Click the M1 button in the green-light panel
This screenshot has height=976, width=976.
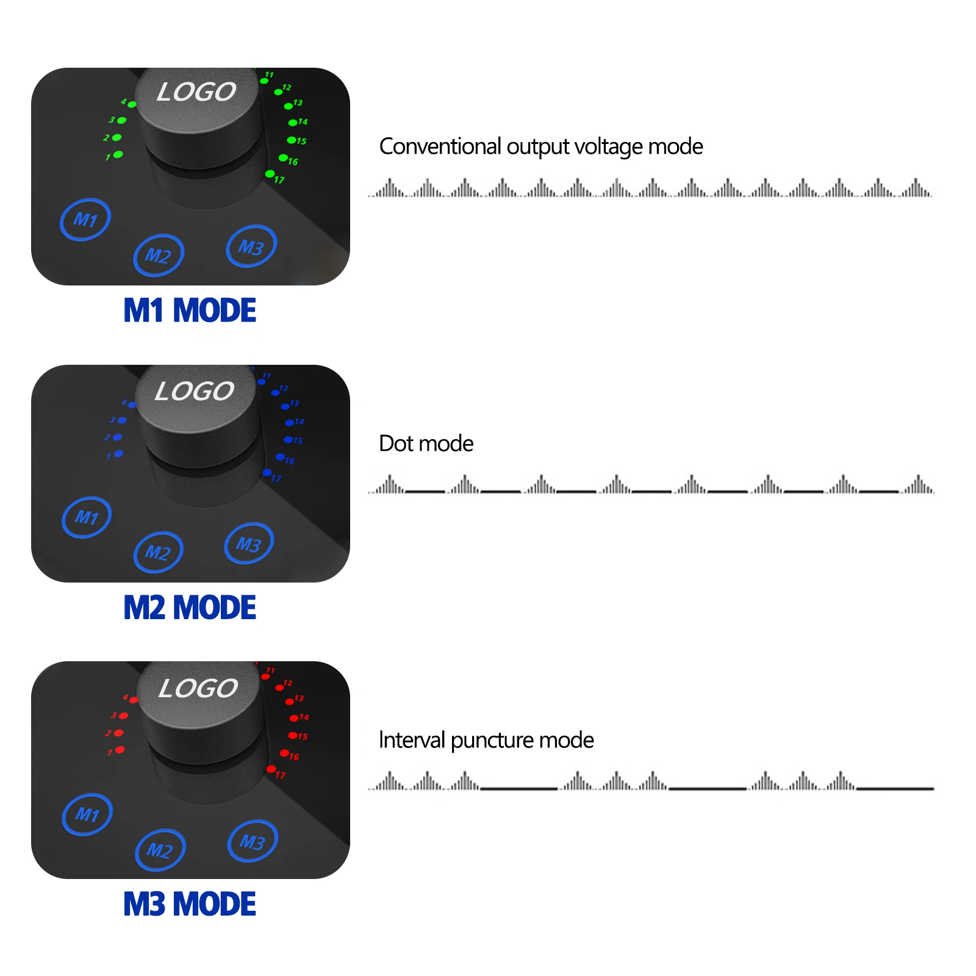pos(85,219)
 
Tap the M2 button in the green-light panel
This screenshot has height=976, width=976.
pos(159,255)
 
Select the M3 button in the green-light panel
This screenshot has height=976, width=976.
pos(251,246)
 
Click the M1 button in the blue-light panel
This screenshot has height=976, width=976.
pos(87,517)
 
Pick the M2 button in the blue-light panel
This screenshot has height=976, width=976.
pos(158,552)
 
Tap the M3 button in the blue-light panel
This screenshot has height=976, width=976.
pos(249,543)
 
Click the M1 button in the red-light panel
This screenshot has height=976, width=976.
pos(87,814)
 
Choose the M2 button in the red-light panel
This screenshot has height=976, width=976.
pos(160,849)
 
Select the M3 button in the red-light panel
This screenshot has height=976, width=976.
pos(253,841)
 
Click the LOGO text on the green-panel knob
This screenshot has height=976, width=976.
pos(196,92)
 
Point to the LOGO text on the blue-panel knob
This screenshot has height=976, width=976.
pos(195,391)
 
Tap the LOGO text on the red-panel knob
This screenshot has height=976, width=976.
pos(198,688)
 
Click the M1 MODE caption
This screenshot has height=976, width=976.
pos(190,310)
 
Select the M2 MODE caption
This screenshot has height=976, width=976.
pos(190,608)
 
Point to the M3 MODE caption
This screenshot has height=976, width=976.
pos(190,904)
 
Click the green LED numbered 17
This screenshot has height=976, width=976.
pos(270,174)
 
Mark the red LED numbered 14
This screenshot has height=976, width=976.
pos(293,718)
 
